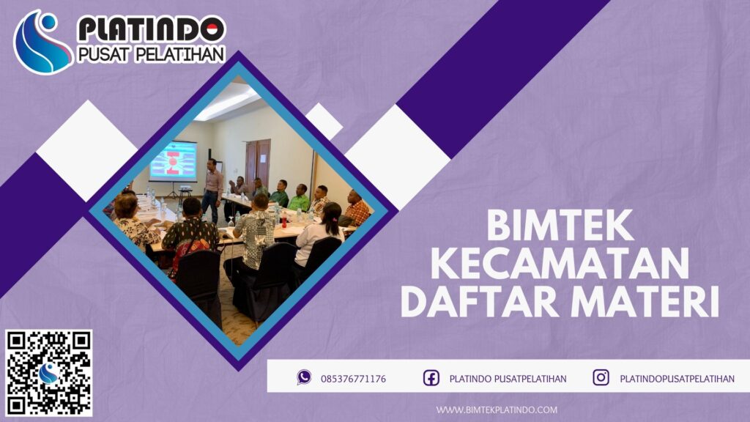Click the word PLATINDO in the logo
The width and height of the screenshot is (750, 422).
click(x=151, y=29)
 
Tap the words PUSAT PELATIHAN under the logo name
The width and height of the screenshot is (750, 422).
click(x=150, y=55)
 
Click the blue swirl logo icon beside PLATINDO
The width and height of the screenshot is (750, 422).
click(x=42, y=42)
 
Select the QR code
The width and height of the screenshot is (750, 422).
click(x=49, y=372)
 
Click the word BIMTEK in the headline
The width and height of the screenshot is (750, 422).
click(x=560, y=226)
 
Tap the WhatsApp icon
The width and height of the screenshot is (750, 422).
click(x=304, y=377)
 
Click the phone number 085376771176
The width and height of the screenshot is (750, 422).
click(x=353, y=378)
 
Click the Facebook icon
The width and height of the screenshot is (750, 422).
click(x=431, y=378)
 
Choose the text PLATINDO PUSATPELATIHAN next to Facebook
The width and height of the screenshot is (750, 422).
click(x=508, y=378)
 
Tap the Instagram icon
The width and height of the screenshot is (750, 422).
click(x=601, y=377)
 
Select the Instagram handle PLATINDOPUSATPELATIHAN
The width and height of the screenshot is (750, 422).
click(x=677, y=378)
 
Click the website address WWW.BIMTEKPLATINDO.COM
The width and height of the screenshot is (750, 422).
click(x=497, y=410)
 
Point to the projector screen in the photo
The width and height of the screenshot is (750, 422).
click(x=173, y=160)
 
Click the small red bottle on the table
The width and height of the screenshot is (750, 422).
click(x=284, y=220)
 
